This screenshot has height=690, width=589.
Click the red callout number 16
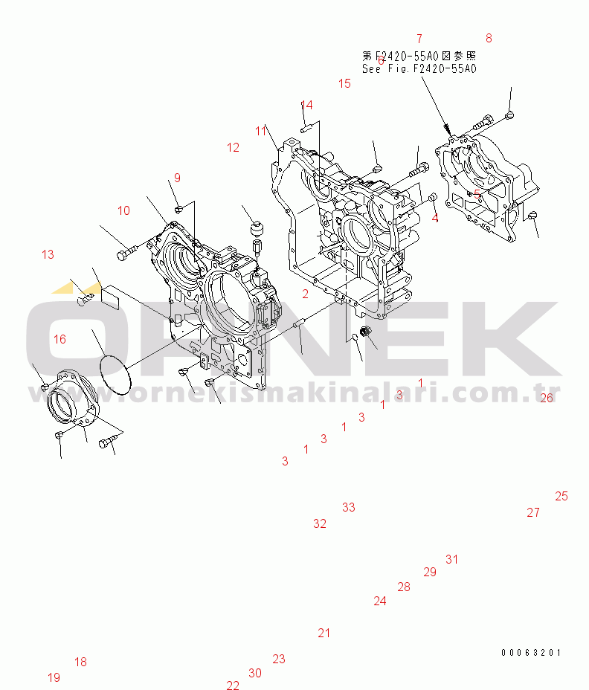click(x=59, y=339)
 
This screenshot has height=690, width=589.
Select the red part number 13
click(x=48, y=254)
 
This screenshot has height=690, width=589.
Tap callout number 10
click(x=123, y=210)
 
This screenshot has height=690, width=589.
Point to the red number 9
click(x=178, y=177)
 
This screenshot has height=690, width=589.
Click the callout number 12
click(x=234, y=147)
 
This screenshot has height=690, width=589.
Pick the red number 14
click(x=306, y=104)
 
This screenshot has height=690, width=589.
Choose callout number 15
click(x=344, y=83)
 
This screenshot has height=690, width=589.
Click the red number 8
click(x=489, y=38)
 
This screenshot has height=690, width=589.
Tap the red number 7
click(x=419, y=38)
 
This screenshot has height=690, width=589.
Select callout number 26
click(x=547, y=398)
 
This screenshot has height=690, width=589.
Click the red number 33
click(x=349, y=507)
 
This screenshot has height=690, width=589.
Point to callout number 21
click(x=324, y=633)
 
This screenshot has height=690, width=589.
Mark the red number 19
click(x=54, y=677)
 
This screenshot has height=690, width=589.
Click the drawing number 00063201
click(x=530, y=652)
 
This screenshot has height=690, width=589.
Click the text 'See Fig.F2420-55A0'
click(x=419, y=68)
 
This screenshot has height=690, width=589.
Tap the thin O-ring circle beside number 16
click(x=114, y=375)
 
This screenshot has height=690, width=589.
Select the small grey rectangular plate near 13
click(x=111, y=297)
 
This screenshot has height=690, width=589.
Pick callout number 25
click(x=561, y=496)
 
